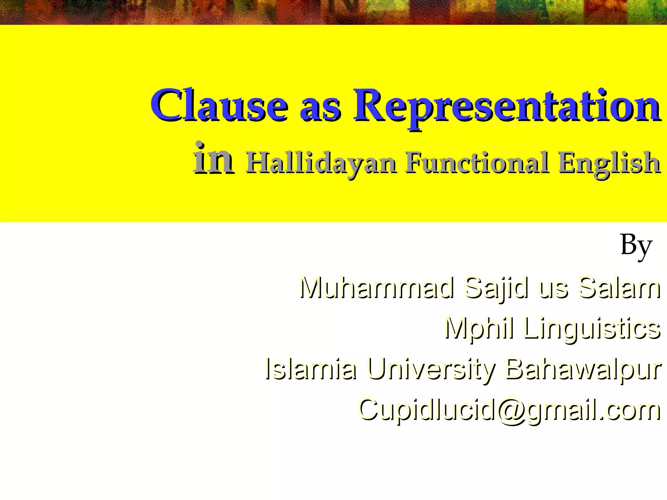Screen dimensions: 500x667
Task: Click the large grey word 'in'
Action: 213,160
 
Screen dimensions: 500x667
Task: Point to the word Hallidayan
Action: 321,163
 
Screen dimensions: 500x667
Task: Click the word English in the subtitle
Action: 609,163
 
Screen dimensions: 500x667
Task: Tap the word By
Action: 636,246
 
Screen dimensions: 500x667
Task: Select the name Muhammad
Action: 376,288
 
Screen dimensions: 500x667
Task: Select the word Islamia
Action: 311,369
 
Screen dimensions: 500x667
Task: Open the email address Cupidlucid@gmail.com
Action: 509,410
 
